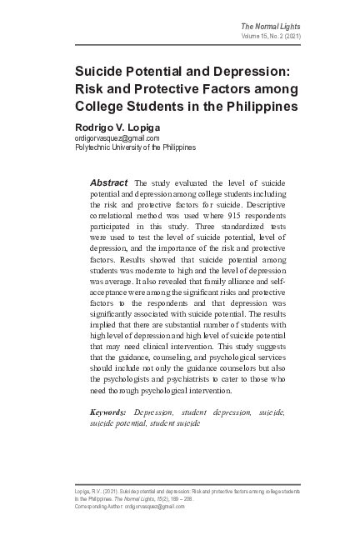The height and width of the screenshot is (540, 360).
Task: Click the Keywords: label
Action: [x=107, y=412]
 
